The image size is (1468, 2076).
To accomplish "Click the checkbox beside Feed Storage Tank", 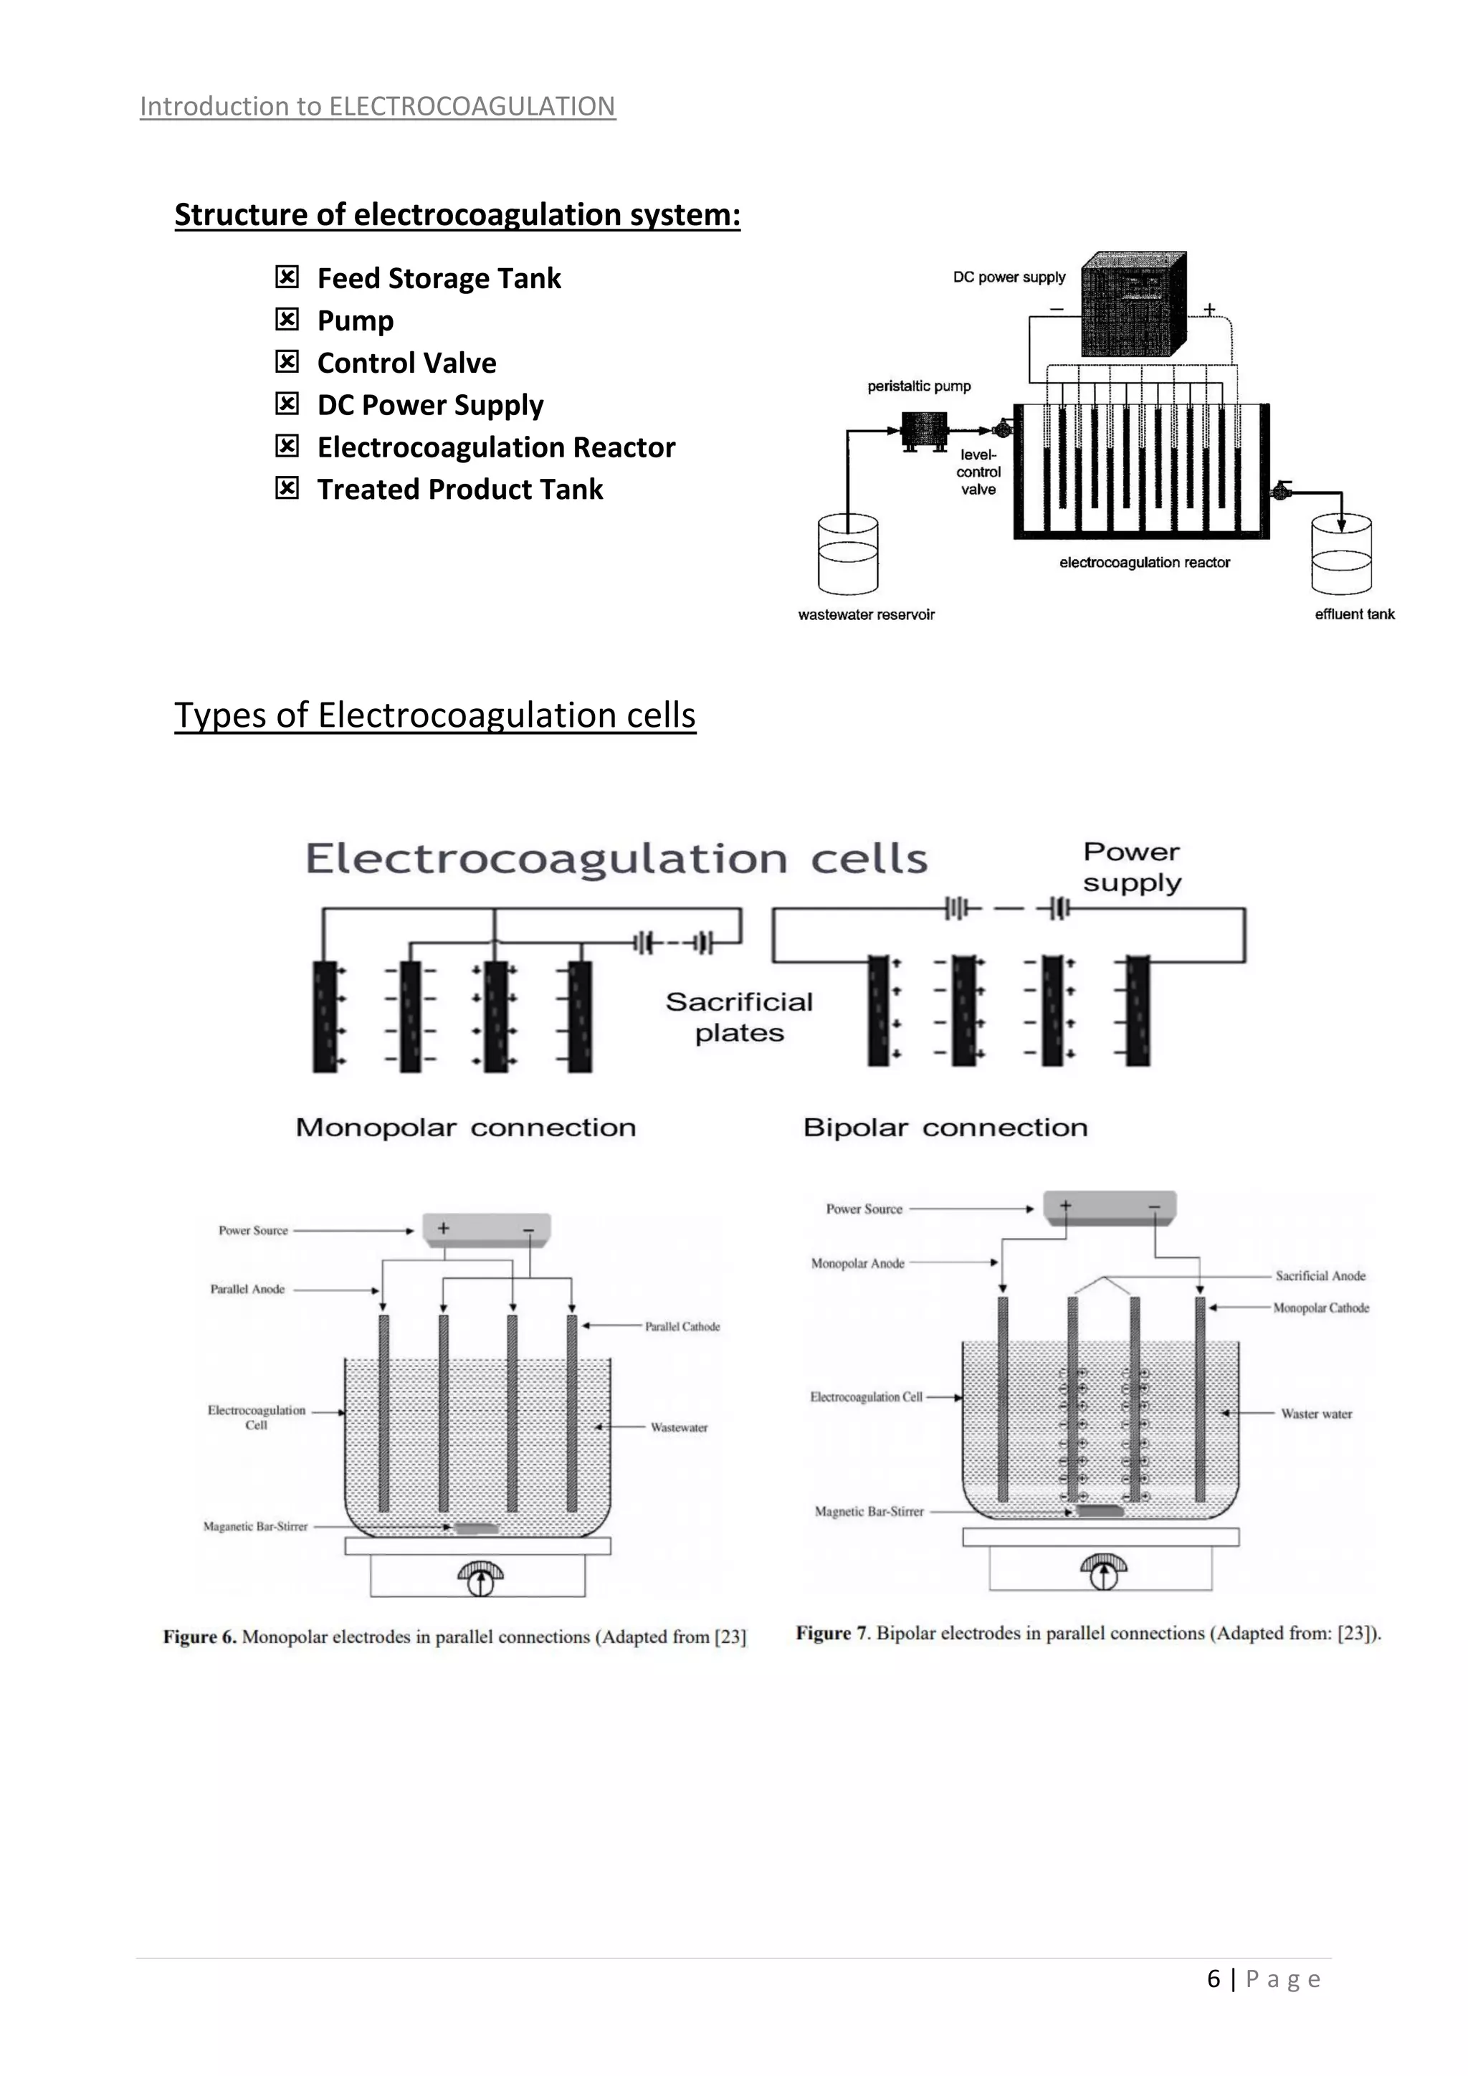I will point(287,277).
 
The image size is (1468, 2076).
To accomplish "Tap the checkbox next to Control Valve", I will point(287,362).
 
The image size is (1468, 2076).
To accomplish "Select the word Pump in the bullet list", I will point(356,321).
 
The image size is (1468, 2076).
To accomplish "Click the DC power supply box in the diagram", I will point(1133,305).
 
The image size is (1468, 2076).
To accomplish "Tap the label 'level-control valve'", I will point(978,472).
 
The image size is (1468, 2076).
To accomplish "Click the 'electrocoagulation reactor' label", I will point(1145,563).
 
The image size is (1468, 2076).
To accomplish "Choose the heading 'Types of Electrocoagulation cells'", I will point(435,715).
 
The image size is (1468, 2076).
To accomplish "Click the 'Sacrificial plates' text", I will point(740,1017).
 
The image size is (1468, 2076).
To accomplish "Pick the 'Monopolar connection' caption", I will point(465,1128).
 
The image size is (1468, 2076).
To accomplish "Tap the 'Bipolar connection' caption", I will point(945,1128).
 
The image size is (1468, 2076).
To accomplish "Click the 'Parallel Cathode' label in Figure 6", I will point(682,1326).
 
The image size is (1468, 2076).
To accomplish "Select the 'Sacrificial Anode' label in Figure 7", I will point(1320,1276).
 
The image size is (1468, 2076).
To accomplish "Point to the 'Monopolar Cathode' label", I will point(1320,1308).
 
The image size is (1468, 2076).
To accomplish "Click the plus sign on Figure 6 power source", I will point(443,1228).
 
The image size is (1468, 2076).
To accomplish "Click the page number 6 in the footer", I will point(1213,1979).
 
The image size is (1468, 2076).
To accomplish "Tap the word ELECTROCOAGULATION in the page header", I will point(472,107).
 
